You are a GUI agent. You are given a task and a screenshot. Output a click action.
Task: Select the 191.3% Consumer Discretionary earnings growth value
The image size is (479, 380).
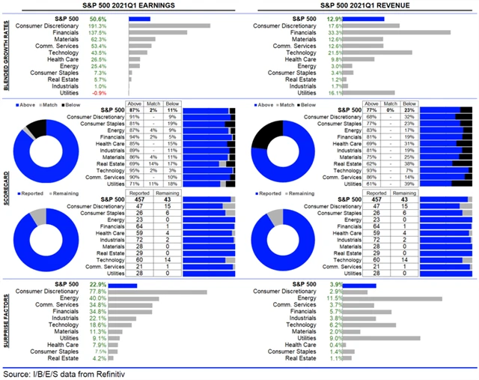click(118, 25)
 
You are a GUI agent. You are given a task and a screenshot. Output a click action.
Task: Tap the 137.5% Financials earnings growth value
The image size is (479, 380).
click(118, 32)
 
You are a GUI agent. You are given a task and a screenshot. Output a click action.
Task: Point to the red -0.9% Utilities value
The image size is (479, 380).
click(118, 94)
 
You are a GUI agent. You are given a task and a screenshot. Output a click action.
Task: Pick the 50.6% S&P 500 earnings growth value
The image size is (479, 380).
click(118, 18)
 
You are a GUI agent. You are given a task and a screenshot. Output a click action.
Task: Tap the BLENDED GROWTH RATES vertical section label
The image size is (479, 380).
click(6, 56)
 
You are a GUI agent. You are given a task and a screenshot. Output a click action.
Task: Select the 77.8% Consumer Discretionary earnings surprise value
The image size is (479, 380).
click(118, 292)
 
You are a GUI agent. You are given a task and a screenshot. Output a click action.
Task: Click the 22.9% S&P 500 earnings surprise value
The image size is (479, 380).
click(118, 284)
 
